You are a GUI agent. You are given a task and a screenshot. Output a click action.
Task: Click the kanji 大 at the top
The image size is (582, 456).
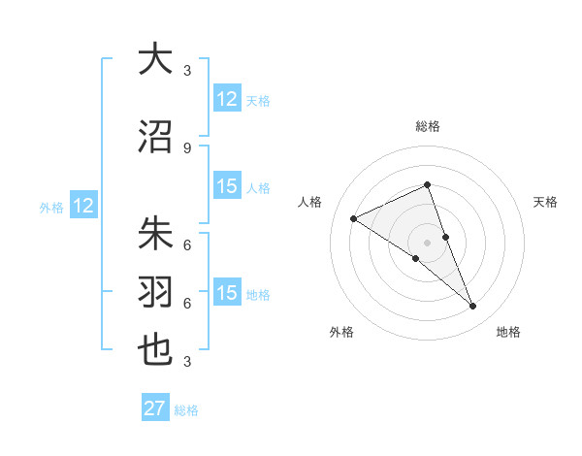tap(155, 59)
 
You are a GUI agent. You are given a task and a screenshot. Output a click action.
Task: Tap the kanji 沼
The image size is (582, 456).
tap(155, 137)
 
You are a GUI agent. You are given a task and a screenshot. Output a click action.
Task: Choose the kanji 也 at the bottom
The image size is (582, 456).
tap(155, 349)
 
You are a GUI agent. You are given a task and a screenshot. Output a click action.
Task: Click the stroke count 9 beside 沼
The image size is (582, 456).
tap(187, 147)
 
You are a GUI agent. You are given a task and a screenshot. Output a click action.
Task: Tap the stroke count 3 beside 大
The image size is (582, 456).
tap(187, 70)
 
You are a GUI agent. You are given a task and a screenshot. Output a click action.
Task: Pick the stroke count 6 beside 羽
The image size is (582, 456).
tap(187, 303)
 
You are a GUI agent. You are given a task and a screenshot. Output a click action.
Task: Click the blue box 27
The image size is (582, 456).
tap(155, 408)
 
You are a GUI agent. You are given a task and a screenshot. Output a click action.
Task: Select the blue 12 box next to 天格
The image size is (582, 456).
tap(227, 99)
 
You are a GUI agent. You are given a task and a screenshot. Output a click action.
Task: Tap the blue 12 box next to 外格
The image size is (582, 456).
tap(83, 206)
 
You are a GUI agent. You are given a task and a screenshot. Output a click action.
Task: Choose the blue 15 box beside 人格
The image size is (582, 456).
tap(227, 186)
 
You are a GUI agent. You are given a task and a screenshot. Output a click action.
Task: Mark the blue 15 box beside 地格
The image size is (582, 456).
tap(227, 293)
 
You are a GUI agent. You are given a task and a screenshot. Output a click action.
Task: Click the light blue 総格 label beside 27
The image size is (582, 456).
tap(186, 410)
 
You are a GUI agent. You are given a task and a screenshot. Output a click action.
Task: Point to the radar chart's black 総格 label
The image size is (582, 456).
tap(427, 126)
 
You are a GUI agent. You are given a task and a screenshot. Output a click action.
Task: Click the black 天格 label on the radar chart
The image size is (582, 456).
tap(545, 202)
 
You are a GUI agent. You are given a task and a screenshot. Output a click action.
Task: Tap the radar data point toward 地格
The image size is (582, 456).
tap(472, 307)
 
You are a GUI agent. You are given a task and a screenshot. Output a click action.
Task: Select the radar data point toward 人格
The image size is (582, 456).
tap(353, 218)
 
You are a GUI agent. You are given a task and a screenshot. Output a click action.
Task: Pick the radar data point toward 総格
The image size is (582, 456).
tap(427, 185)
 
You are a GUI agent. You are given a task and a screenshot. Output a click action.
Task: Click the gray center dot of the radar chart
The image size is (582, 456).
tap(427, 242)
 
